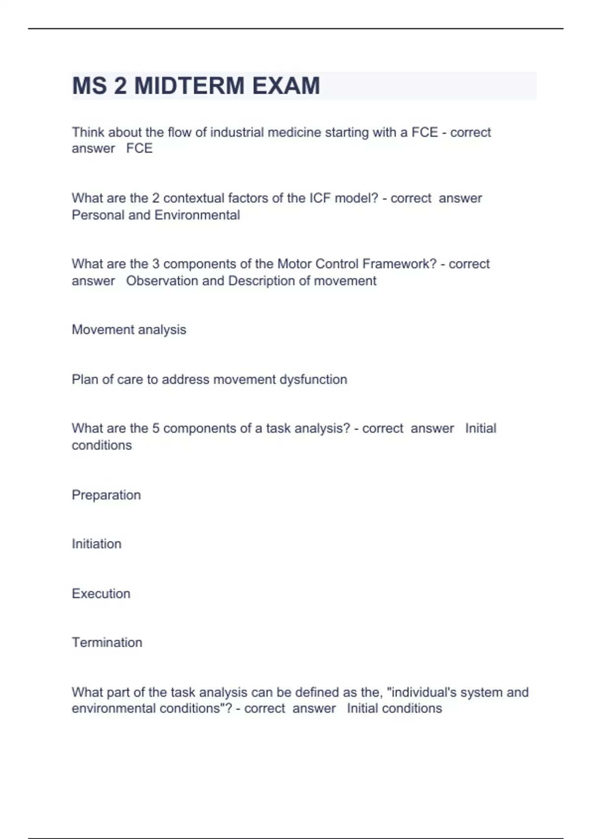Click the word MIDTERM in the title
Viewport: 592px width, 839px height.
pyautogui.click(x=189, y=86)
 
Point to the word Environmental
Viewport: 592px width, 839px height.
pyautogui.click(x=197, y=215)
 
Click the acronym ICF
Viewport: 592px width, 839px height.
pyautogui.click(x=320, y=198)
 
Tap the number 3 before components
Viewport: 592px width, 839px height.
pyautogui.click(x=156, y=264)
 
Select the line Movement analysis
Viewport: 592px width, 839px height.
pyautogui.click(x=129, y=330)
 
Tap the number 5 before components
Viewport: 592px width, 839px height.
pyautogui.click(x=156, y=428)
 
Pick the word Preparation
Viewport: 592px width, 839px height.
pyautogui.click(x=107, y=495)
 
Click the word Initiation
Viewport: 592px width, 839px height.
pyautogui.click(x=97, y=544)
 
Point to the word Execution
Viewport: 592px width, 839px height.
pyautogui.click(x=101, y=594)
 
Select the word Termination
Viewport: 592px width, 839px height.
pyautogui.click(x=107, y=643)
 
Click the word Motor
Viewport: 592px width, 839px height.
pyautogui.click(x=295, y=264)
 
